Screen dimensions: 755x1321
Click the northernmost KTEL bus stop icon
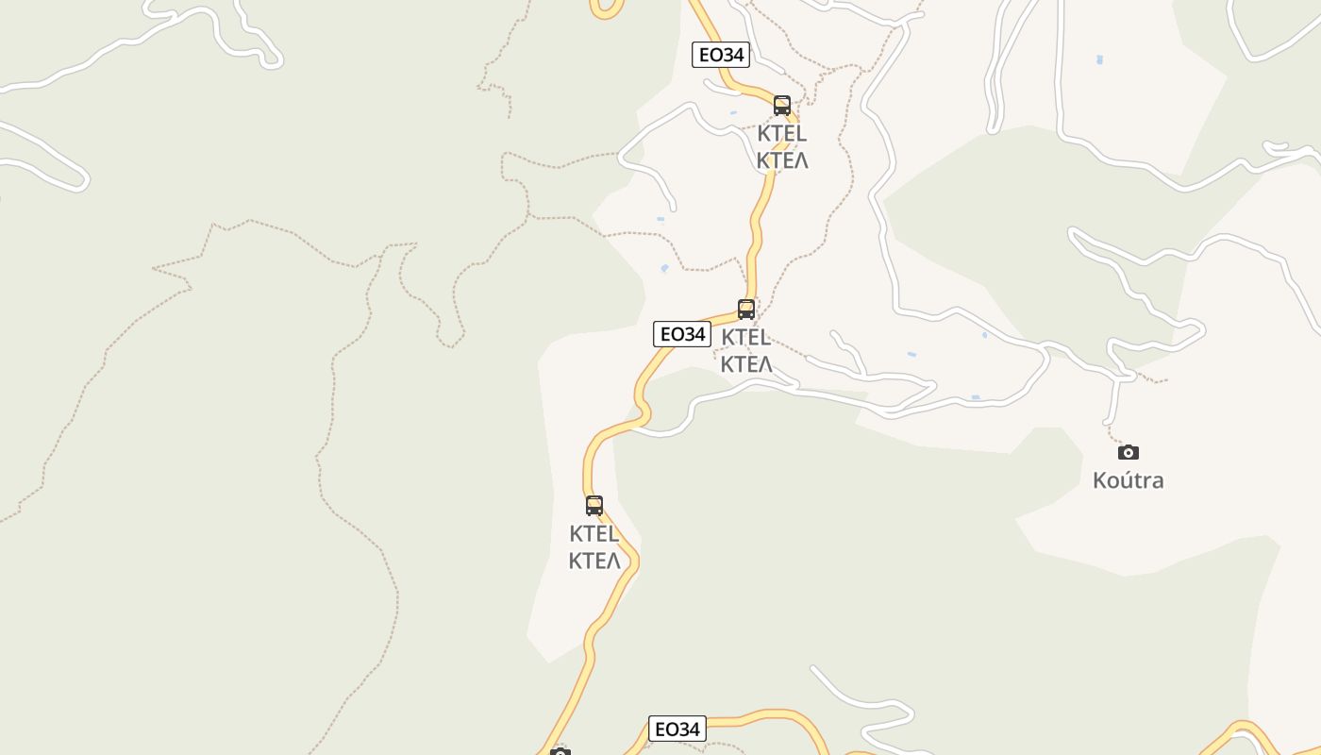point(782,105)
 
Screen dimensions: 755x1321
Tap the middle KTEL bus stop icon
point(746,309)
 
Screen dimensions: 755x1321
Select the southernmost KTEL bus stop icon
point(594,505)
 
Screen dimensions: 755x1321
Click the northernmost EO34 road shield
point(721,55)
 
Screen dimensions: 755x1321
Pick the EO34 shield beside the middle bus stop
point(681,334)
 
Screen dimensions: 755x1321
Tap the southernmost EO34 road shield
point(677,729)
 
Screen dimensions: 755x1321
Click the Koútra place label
point(1128,480)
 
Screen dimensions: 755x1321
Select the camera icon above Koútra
point(1129,452)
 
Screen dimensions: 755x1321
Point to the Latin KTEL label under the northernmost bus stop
point(782,134)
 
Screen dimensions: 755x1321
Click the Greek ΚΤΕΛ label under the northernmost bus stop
point(782,160)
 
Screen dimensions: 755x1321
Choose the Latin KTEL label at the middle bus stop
point(746,338)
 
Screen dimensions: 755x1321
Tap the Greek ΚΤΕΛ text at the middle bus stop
point(746,364)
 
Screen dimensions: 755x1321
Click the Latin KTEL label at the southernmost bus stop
point(594,534)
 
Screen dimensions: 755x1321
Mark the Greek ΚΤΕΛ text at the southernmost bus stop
point(594,561)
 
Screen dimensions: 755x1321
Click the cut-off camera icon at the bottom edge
point(560,751)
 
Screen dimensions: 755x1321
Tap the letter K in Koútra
point(1100,480)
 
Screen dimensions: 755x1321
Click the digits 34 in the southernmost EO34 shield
point(689,729)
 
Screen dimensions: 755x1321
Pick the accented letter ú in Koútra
point(1129,480)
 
